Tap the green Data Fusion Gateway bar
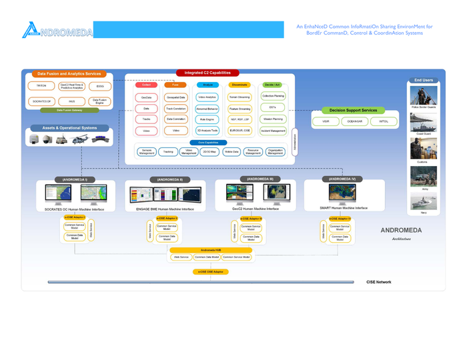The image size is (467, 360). pyautogui.click(x=69, y=110)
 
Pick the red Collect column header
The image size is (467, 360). pyautogui.click(x=146, y=85)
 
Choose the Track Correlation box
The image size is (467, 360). pyautogui.click(x=176, y=108)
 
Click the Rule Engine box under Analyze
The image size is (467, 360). pyautogui.click(x=207, y=119)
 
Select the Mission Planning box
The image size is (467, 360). pyautogui.click(x=273, y=119)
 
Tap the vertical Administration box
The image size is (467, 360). pyautogui.click(x=294, y=141)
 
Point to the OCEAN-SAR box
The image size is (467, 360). pyautogui.click(x=354, y=122)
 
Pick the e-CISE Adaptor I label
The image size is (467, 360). pyautogui.click(x=75, y=218)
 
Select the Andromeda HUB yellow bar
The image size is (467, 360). pyautogui.click(x=210, y=250)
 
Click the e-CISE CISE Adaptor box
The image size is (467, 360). pyautogui.click(x=210, y=272)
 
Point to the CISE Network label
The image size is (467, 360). pyautogui.click(x=378, y=282)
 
